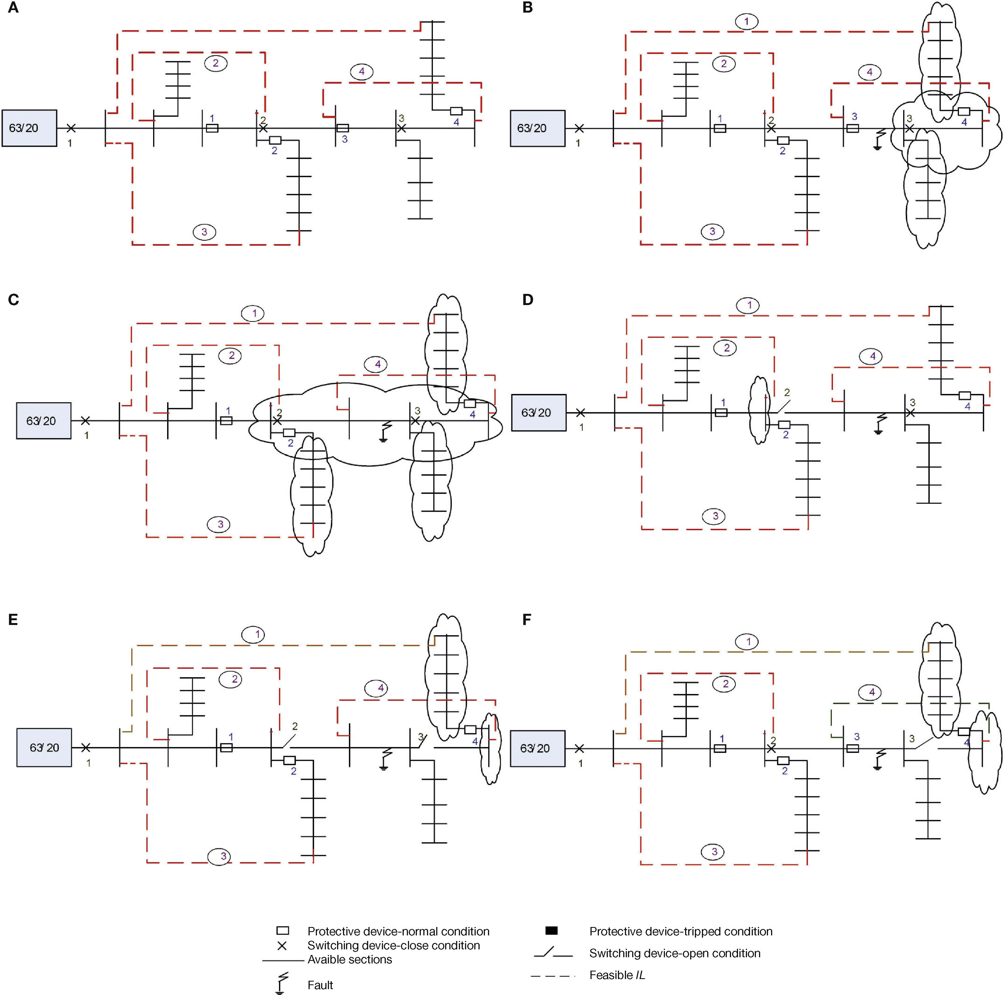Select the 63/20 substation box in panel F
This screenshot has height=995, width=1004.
[537, 748]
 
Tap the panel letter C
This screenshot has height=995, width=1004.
[13, 300]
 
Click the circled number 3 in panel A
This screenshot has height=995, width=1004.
[204, 232]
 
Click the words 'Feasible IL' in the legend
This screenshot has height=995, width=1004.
[617, 975]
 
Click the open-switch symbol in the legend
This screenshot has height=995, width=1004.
[552, 953]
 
